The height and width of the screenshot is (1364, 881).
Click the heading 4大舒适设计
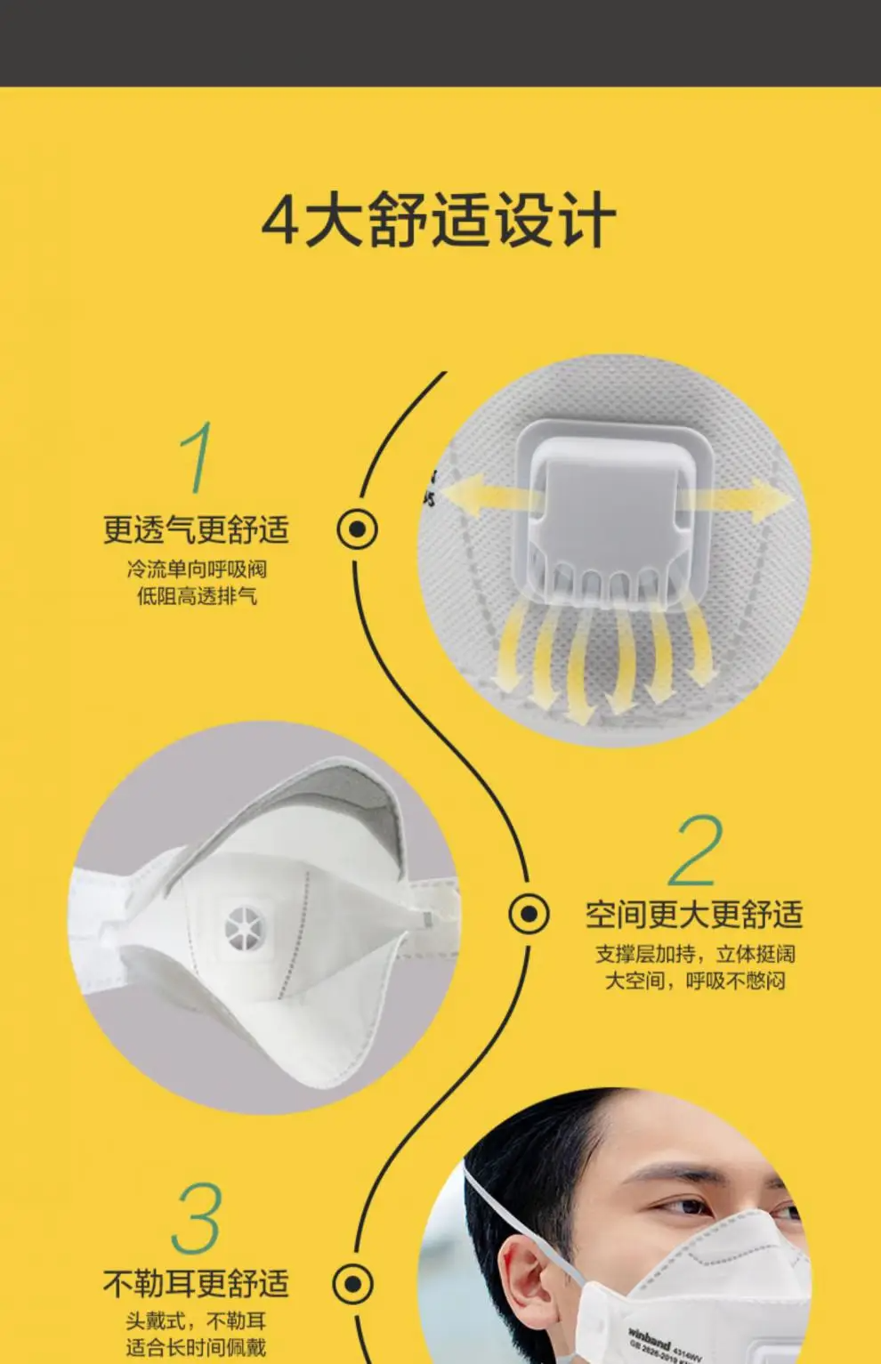click(439, 219)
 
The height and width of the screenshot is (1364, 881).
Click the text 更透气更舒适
click(196, 529)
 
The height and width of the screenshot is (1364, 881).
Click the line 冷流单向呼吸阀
click(197, 569)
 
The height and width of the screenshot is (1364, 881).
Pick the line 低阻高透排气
click(197, 595)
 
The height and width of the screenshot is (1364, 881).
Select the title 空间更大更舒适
click(695, 915)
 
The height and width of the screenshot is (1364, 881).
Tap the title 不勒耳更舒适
click(196, 1284)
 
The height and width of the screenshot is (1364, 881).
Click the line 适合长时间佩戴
click(196, 1348)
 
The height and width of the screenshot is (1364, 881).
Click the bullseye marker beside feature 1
click(358, 529)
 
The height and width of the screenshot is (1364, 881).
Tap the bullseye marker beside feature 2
click(529, 914)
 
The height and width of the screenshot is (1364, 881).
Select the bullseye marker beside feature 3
click(353, 1284)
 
